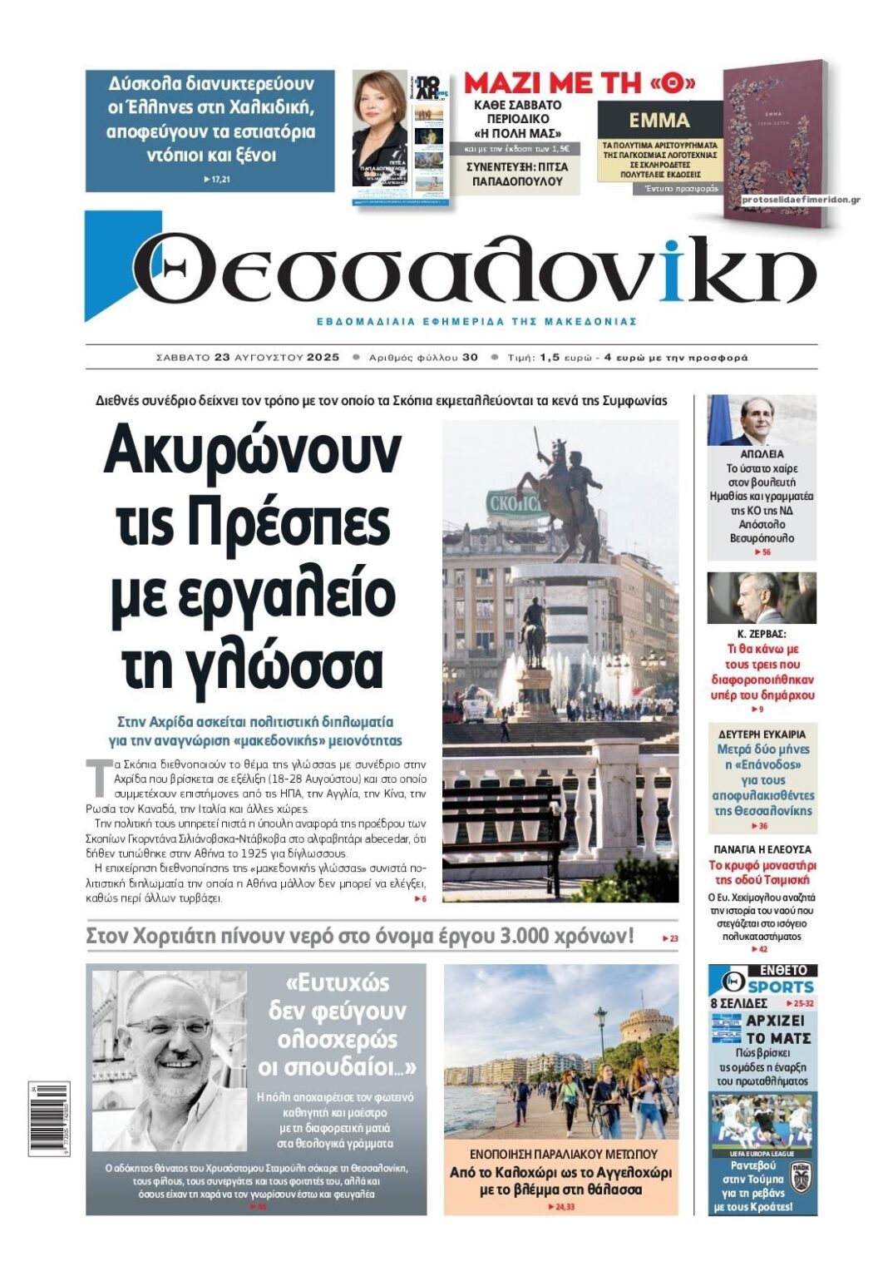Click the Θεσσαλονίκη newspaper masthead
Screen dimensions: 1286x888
tap(474, 268)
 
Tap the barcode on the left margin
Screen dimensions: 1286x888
tap(49, 1118)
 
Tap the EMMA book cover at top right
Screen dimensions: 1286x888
tap(772, 137)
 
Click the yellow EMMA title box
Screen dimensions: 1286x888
tap(659, 121)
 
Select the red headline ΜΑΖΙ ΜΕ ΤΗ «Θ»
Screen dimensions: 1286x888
tap(579, 83)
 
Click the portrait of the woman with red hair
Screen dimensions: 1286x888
tap(378, 125)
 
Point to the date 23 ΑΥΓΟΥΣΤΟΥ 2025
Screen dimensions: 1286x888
tap(277, 358)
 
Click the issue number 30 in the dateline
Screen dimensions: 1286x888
tap(470, 358)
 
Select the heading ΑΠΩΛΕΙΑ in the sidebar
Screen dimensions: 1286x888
tap(761, 454)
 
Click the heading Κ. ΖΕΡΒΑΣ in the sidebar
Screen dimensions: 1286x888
tap(761, 634)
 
